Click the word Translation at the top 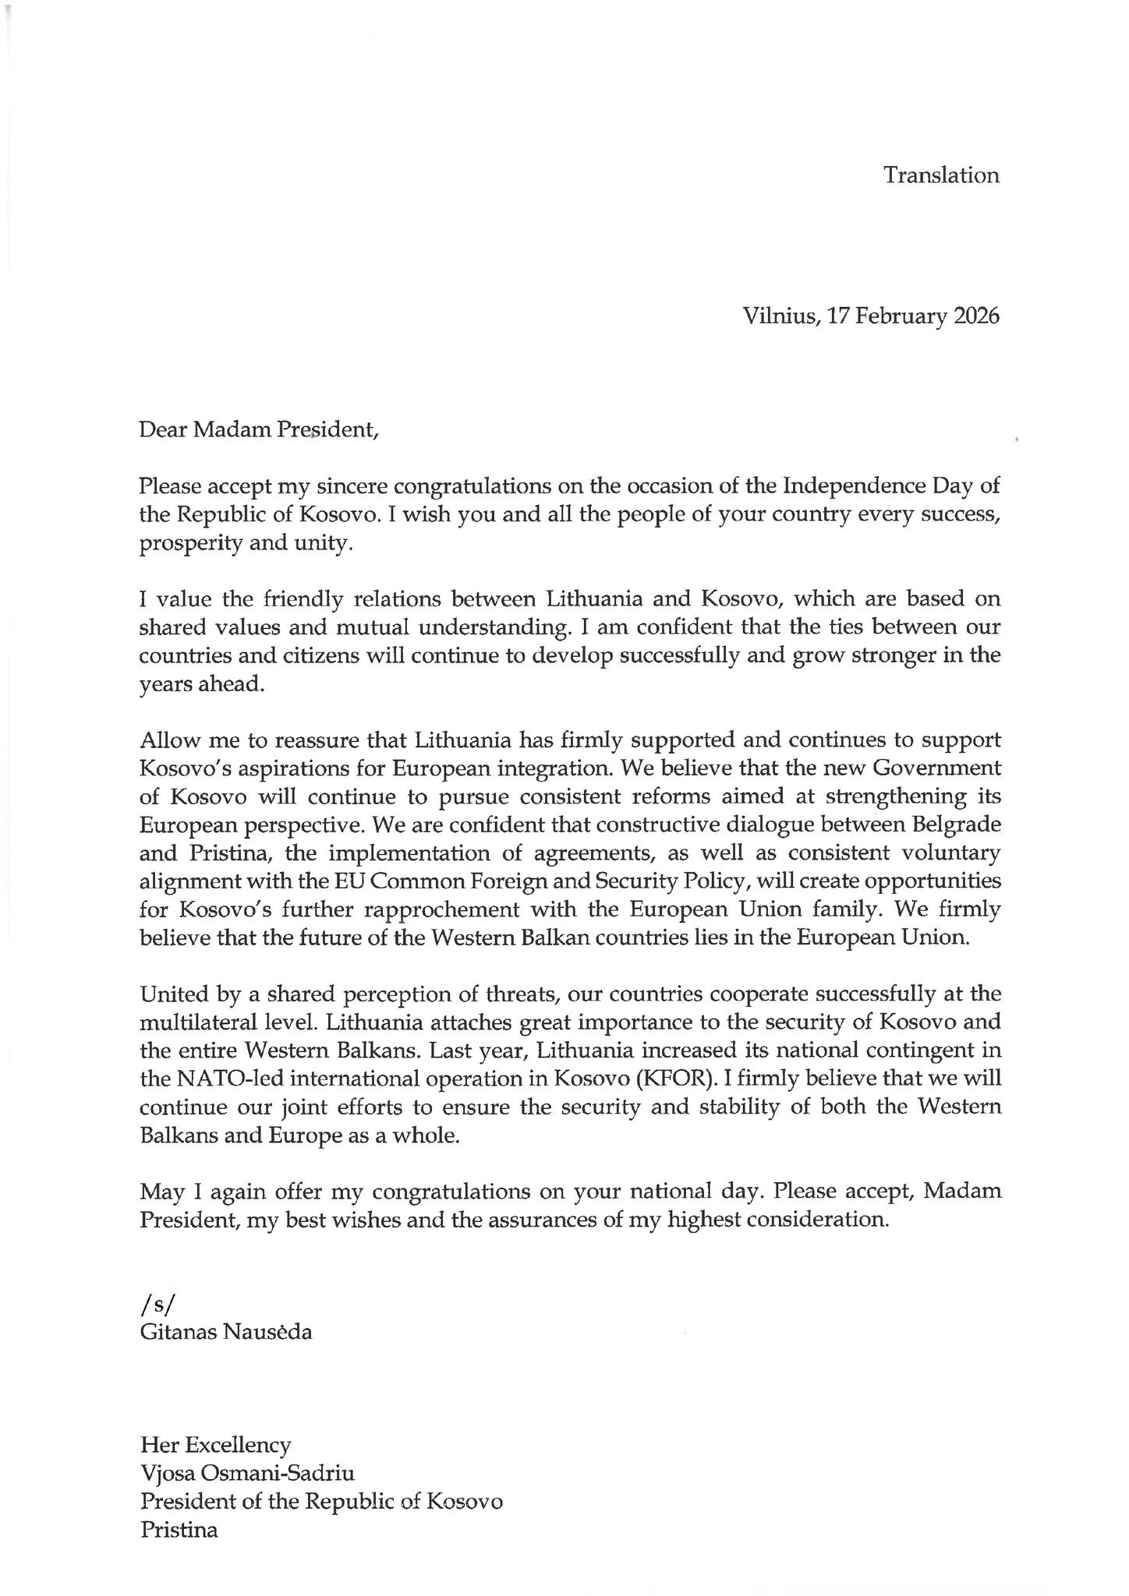click(x=941, y=175)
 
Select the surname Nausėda click(x=267, y=1332)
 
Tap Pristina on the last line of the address click(x=179, y=1530)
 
